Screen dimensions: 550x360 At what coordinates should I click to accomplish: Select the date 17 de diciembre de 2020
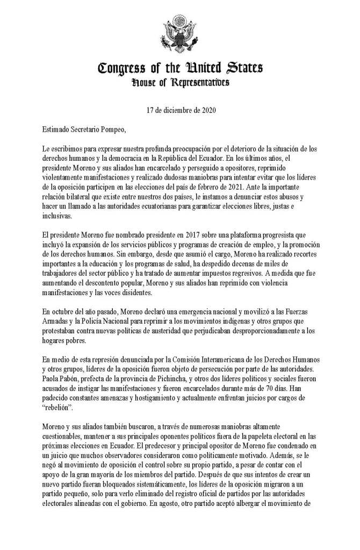tap(180, 111)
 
